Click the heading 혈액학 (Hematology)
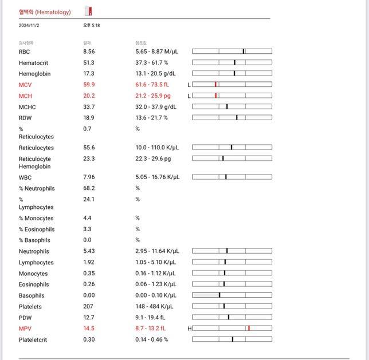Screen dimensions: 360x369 pyautogui.click(x=45, y=11)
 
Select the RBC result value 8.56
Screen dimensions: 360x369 pyautogui.click(x=89, y=52)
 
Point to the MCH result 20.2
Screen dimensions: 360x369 pyautogui.click(x=89, y=96)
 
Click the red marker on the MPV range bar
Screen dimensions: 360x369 pyautogui.click(x=249, y=328)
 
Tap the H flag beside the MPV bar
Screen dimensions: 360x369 pyautogui.click(x=189, y=329)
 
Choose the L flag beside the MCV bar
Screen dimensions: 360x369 pyautogui.click(x=189, y=85)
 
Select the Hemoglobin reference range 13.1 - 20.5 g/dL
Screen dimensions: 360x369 pyautogui.click(x=152, y=74)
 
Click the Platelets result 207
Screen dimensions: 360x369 pyautogui.click(x=89, y=306)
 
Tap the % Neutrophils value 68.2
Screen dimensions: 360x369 pyautogui.click(x=89, y=188)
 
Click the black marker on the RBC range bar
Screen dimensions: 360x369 pyautogui.click(x=244, y=52)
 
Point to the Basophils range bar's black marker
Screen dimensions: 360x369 pyautogui.click(x=219, y=295)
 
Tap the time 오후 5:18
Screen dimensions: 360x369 pyautogui.click(x=92, y=25)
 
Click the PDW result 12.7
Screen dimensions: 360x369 pyautogui.click(x=89, y=318)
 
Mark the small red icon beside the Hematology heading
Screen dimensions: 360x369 pyautogui.click(x=88, y=11)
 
